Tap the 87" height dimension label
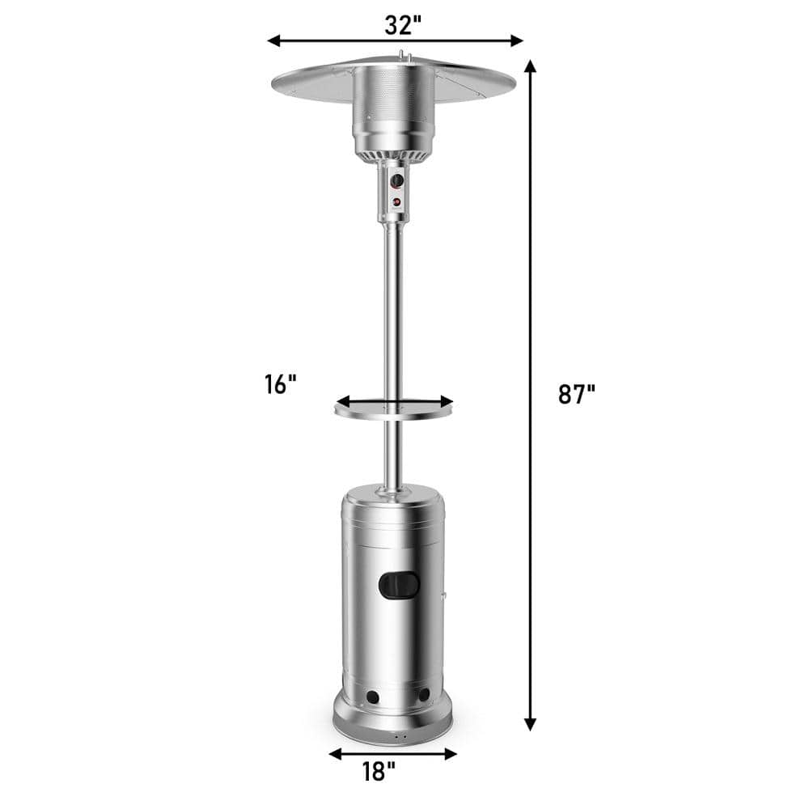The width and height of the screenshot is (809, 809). (x=576, y=394)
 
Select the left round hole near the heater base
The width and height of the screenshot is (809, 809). (x=373, y=697)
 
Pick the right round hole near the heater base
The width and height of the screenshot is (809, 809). (x=424, y=695)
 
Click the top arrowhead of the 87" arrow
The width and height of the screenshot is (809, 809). (x=531, y=66)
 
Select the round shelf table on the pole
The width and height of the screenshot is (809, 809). (x=394, y=410)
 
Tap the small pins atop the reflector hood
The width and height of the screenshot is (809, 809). (x=404, y=56)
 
